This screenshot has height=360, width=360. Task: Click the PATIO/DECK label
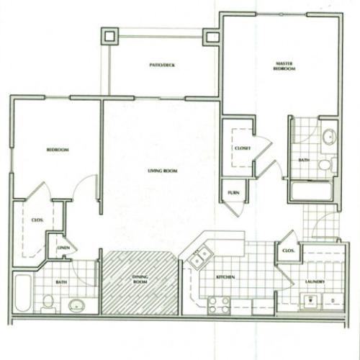point(162,66)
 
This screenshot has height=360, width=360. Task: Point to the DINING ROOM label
point(141,280)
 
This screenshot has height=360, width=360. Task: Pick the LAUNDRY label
point(315,282)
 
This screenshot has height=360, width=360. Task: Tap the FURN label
point(233,192)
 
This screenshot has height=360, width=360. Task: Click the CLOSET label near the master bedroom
point(241,148)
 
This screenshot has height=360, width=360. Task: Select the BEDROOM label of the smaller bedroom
point(57,149)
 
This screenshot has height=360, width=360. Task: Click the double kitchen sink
point(199,256)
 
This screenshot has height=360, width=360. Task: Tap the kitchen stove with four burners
point(219,304)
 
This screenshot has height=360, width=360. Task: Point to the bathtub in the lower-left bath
point(23,292)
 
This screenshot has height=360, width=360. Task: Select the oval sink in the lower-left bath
point(76,305)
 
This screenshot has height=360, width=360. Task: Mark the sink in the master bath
point(329,137)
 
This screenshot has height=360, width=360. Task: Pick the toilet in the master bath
point(325,165)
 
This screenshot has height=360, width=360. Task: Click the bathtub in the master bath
point(311,191)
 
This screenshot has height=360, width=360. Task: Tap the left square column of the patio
point(109,35)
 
